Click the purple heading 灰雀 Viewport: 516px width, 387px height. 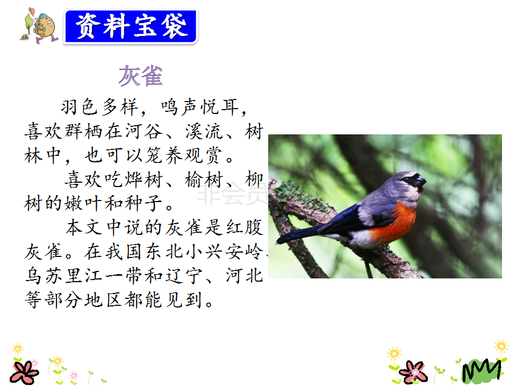[140, 76]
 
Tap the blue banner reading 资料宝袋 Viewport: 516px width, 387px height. [131, 26]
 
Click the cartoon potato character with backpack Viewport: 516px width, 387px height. [39, 26]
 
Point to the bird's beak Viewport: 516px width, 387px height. [420, 181]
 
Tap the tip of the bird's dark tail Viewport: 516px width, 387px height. [279, 241]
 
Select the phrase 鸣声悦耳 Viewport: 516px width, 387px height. [200, 107]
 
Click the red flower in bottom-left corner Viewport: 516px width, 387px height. [24, 372]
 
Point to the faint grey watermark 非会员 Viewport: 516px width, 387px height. [232, 195]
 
